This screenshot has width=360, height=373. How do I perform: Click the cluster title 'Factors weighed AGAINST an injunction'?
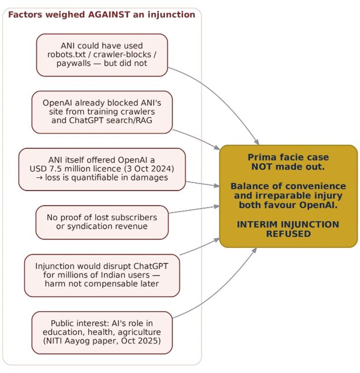102,14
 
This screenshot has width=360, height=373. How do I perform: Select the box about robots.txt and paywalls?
102,55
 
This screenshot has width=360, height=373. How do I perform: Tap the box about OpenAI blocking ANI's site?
102,112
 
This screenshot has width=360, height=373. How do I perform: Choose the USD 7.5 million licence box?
102,169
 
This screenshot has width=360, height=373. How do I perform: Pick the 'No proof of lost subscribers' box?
102,222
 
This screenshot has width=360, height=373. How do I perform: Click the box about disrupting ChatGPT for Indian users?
102,275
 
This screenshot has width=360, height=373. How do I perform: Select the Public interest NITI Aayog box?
102,333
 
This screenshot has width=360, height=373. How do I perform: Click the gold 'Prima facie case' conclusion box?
288,196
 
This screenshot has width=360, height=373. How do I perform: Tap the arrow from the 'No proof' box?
194,210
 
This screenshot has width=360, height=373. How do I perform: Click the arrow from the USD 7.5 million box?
202,184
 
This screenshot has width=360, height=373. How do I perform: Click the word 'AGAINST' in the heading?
109,14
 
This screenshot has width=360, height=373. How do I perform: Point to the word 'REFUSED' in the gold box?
288,234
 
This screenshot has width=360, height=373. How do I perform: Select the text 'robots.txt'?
66,54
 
